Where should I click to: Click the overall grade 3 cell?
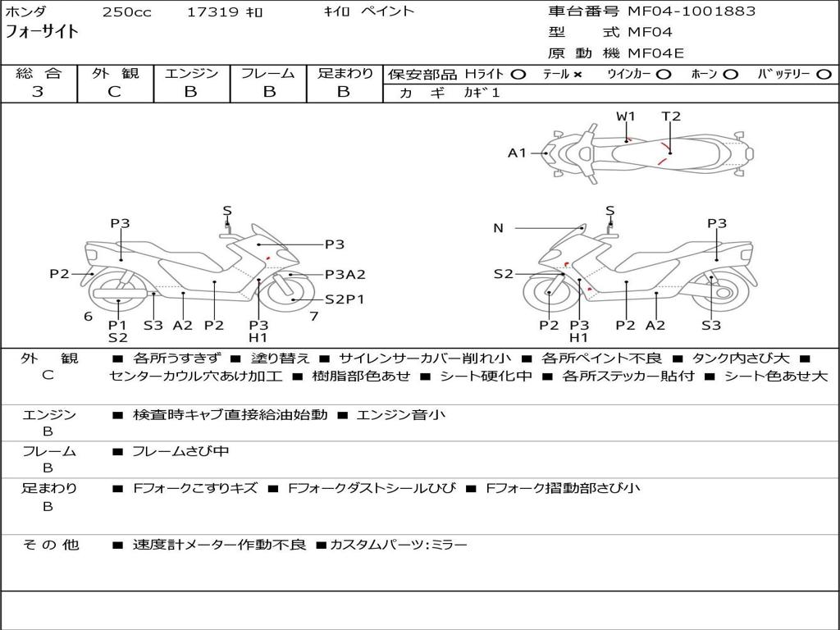[x=38, y=92]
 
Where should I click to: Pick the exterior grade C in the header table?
[x=114, y=92]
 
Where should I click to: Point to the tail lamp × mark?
[x=577, y=74]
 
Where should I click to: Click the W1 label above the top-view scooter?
[x=626, y=116]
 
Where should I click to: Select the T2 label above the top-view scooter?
[x=671, y=116]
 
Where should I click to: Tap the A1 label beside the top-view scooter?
[x=517, y=153]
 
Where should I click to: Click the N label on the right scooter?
[x=498, y=228]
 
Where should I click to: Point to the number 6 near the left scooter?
[x=88, y=317]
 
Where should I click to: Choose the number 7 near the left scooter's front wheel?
[x=313, y=317]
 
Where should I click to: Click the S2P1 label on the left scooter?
[x=344, y=299]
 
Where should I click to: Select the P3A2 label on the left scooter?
[x=345, y=275]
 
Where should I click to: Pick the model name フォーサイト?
[x=43, y=32]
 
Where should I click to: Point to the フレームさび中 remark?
[x=180, y=451]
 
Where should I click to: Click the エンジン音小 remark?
[x=401, y=415]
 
